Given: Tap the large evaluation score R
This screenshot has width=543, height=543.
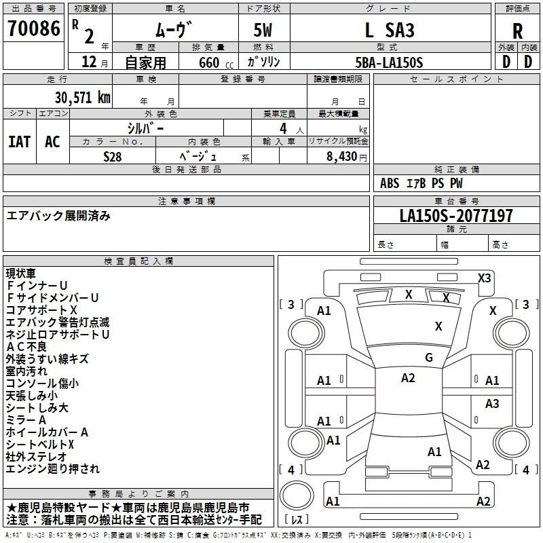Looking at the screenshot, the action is click(x=518, y=31).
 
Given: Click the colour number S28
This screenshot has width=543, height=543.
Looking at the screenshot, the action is click(x=113, y=155).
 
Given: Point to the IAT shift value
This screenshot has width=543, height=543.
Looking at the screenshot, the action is click(x=20, y=141).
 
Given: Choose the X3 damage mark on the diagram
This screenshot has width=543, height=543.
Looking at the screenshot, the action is click(x=485, y=278).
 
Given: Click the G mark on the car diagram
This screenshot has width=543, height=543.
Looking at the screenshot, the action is click(x=428, y=358).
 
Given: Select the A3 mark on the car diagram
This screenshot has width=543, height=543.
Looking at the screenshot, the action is click(x=492, y=404).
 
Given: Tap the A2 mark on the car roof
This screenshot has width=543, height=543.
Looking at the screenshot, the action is click(x=408, y=378).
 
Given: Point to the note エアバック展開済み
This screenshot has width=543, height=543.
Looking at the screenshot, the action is click(x=58, y=216).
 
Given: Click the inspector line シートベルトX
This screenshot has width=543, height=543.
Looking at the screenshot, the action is click(x=40, y=444).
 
